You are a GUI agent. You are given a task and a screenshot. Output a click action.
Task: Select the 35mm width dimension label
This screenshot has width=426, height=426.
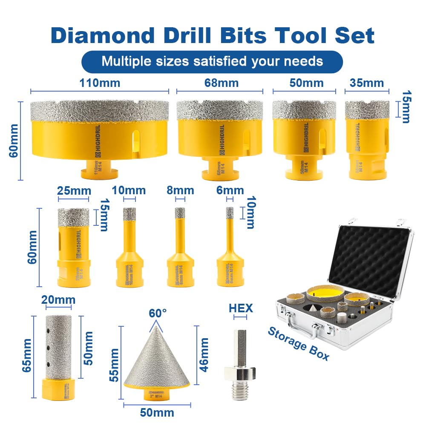[367, 83]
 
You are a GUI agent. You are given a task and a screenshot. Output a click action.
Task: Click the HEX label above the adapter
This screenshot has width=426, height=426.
[241, 308]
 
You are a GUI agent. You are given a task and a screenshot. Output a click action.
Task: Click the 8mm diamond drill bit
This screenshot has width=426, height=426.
[181, 251]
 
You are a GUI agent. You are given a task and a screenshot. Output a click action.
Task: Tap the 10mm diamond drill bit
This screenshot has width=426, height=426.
[129, 251]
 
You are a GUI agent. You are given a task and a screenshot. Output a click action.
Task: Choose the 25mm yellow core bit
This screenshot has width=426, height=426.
[73, 247]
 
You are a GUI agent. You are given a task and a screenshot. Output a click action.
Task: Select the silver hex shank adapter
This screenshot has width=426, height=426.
[241, 362]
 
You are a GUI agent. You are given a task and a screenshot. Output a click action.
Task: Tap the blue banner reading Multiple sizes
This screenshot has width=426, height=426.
[212, 61]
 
